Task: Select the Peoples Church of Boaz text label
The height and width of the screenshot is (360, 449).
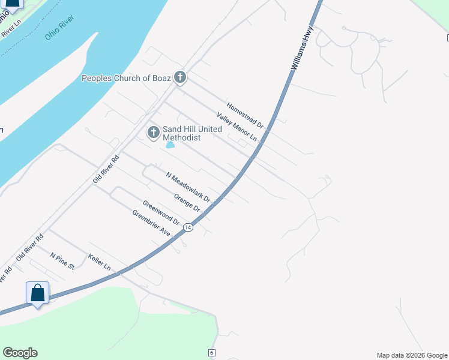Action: coord(126,78)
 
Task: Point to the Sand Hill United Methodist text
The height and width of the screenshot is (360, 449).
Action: coord(192,133)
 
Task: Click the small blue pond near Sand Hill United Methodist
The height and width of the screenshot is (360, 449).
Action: coord(170,145)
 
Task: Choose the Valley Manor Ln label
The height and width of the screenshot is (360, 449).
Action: coord(237,127)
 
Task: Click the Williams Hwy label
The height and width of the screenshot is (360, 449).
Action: coord(303,52)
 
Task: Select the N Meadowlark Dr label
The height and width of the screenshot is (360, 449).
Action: coord(188,186)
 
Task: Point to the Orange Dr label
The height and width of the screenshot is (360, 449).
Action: coord(186,202)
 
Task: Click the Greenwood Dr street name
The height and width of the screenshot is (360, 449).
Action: coord(161,211)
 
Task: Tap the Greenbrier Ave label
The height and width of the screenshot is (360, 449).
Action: coord(152,223)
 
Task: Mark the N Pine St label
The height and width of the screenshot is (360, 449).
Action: coord(62,260)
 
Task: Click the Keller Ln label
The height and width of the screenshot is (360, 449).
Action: coord(100,262)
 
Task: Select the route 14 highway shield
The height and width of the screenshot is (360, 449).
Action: coord(188,227)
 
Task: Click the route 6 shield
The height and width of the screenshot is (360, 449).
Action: coord(212,352)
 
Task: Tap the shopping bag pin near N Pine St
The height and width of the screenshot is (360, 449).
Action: coord(37,294)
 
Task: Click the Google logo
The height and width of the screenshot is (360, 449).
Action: coord(20,353)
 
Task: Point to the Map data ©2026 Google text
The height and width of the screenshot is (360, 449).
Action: coord(412,355)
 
